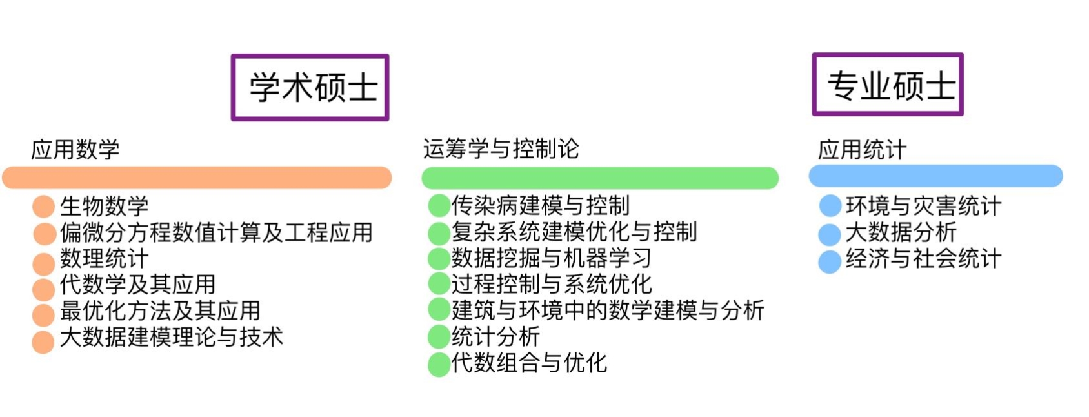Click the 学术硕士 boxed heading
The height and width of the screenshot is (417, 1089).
point(310,87)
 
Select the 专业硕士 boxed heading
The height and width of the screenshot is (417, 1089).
point(887,85)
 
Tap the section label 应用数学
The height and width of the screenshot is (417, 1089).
point(75,149)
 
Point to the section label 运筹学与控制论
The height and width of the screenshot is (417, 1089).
point(501,148)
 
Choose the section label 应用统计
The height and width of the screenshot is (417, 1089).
point(862,150)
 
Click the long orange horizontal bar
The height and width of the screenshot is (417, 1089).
point(197,178)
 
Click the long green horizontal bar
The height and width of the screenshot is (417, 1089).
point(599,178)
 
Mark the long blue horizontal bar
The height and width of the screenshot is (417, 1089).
point(935,176)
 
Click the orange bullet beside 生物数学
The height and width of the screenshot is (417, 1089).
point(43,207)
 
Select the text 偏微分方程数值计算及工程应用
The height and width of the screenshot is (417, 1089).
point(216,232)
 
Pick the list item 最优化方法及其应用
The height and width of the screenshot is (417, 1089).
point(160,311)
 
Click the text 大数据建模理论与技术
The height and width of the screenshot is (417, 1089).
point(172,337)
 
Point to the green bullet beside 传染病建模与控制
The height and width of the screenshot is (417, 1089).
point(439,206)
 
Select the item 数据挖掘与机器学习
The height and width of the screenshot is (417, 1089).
point(551,258)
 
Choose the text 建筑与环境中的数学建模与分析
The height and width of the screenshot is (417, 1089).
point(608,310)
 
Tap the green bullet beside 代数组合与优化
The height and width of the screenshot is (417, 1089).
point(439,364)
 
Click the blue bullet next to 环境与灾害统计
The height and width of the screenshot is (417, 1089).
point(830,206)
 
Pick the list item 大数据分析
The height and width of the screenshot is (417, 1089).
point(901,232)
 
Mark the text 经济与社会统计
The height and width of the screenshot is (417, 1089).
point(923,259)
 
